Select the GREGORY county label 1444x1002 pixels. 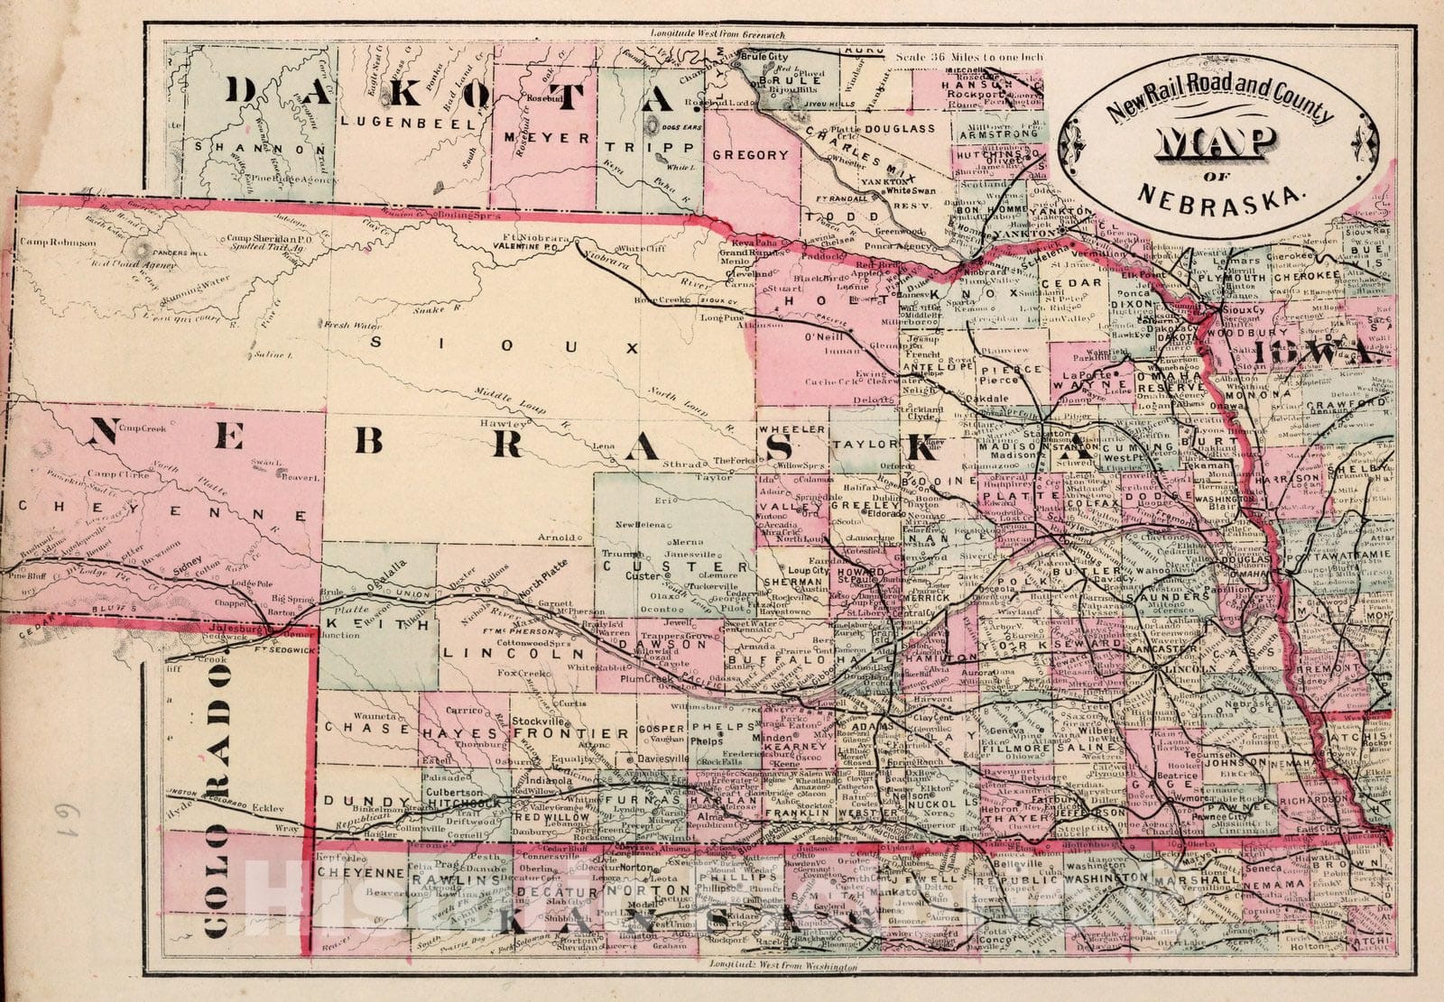pos(751,155)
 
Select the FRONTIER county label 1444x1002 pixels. pos(569,733)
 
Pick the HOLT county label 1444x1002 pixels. pos(806,299)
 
